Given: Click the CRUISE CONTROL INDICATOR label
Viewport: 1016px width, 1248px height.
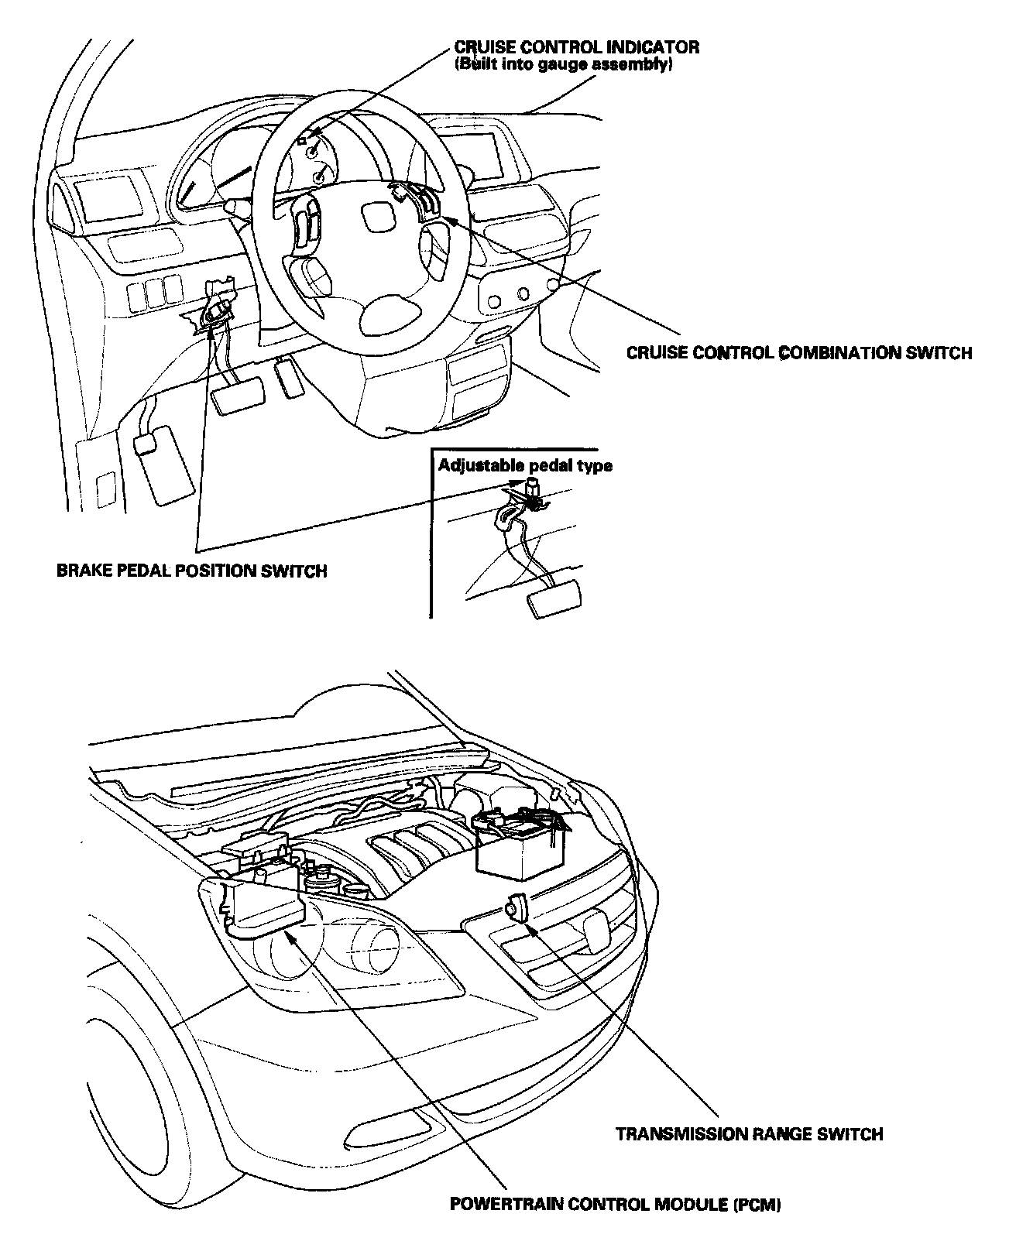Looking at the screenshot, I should (x=577, y=47).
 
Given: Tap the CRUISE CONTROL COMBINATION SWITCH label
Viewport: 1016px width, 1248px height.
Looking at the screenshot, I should (x=798, y=353).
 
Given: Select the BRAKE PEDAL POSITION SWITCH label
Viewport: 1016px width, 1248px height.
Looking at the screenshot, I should (x=192, y=571).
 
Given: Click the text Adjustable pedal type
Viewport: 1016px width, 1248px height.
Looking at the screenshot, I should (x=525, y=465).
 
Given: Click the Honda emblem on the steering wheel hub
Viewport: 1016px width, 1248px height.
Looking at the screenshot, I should (x=376, y=217).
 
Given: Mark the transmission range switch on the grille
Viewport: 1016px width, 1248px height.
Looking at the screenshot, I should (x=516, y=907).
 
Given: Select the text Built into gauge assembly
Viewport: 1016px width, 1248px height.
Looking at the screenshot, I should (x=562, y=65).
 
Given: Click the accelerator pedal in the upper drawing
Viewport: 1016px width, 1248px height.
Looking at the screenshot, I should (x=291, y=378).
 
